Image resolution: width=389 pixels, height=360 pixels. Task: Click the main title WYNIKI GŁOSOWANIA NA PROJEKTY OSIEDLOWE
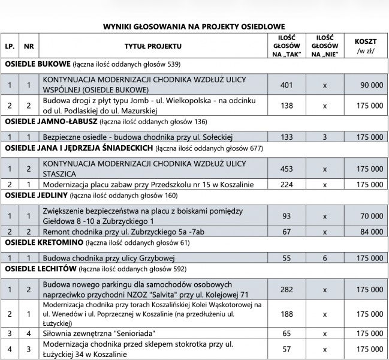(194, 26)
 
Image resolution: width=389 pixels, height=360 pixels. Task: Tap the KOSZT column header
(366, 46)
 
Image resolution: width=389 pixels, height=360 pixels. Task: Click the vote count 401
(287, 85)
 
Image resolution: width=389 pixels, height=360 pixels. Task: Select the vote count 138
(287, 106)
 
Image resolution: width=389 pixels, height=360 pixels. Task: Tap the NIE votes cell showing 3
(325, 137)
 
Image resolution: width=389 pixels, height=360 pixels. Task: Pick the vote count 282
(287, 289)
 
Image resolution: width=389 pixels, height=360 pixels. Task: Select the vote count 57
(287, 348)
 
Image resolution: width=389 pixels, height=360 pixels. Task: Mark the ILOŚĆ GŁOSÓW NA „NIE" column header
(325, 46)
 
